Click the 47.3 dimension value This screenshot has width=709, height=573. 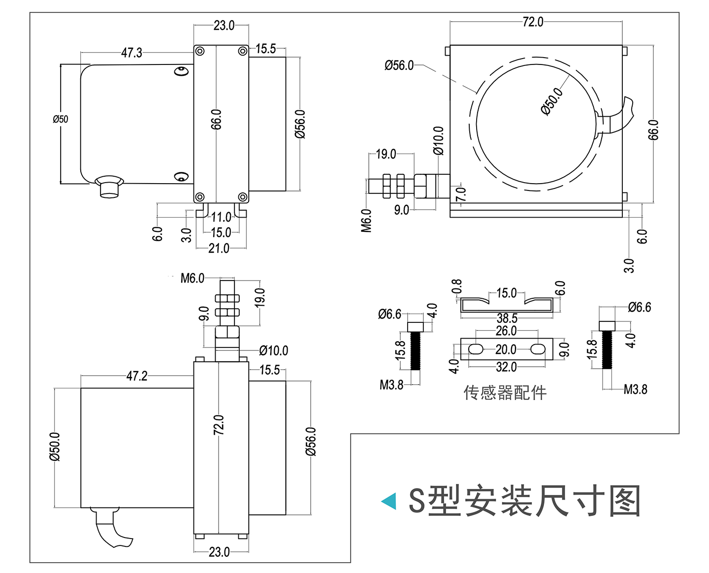(131, 53)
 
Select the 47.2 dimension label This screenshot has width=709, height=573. (137, 376)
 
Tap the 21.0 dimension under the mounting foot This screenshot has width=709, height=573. (219, 248)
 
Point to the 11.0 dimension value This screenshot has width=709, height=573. (221, 217)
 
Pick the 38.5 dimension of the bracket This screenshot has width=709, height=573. (507, 318)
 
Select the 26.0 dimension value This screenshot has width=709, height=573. (506, 331)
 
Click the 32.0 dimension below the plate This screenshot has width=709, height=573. (506, 367)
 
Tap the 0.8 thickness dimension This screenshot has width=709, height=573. (457, 287)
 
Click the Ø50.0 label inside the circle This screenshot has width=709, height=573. (551, 101)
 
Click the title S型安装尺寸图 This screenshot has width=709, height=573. (524, 501)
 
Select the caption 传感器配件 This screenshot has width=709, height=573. (505, 393)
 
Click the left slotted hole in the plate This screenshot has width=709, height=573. (476, 350)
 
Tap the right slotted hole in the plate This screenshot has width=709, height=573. (538, 350)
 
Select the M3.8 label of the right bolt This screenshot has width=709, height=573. (636, 389)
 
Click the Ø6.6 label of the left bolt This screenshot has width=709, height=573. (390, 314)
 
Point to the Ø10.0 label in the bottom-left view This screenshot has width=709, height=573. (274, 350)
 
